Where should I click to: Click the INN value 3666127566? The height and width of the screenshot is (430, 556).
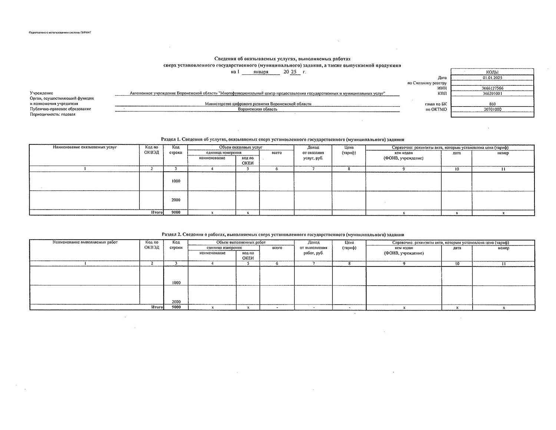click(x=492, y=88)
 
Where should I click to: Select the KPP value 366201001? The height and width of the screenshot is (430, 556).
click(x=492, y=93)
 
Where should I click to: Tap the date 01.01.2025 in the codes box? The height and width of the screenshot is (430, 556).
click(x=492, y=78)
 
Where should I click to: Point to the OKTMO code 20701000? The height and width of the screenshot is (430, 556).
click(x=492, y=109)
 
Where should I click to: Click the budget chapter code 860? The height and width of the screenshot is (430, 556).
click(x=492, y=104)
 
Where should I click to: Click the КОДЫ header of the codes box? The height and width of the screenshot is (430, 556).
click(x=492, y=72)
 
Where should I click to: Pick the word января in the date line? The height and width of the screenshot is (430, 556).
click(x=261, y=72)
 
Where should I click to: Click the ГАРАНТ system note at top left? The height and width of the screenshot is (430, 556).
click(x=60, y=33)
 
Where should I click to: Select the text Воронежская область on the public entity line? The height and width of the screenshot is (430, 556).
click(x=257, y=109)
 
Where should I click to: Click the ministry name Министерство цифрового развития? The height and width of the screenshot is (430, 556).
click(x=258, y=104)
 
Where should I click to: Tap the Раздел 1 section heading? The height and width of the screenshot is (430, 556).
click(x=282, y=139)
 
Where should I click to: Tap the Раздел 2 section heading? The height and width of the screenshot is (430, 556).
click(x=282, y=234)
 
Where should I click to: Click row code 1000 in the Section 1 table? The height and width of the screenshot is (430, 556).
click(x=176, y=181)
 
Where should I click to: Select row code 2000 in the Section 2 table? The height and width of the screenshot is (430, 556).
click(x=176, y=302)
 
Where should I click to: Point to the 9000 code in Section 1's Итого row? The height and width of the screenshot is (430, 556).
click(x=176, y=213)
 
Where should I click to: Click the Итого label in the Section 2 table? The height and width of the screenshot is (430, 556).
click(x=157, y=307)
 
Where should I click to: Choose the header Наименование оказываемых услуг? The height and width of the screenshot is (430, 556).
click(x=85, y=147)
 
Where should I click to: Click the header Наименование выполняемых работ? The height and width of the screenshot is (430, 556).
click(x=85, y=242)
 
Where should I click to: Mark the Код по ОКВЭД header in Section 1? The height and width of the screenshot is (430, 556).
click(x=152, y=150)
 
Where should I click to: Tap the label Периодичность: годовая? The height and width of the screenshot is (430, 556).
click(x=53, y=114)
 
